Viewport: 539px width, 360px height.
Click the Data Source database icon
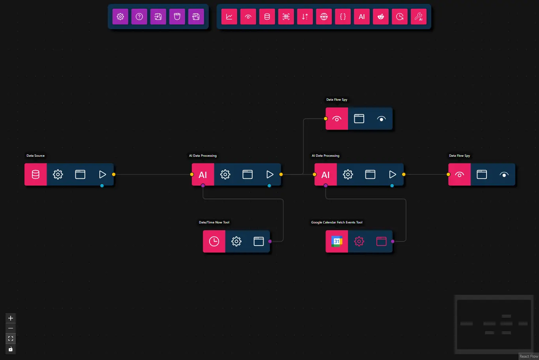click(x=36, y=174)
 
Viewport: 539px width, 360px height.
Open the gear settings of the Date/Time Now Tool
click(x=236, y=241)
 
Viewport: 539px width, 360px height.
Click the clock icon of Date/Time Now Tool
click(x=214, y=241)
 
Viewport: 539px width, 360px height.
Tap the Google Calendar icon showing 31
click(x=337, y=241)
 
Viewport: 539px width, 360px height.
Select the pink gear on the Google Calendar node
click(x=359, y=241)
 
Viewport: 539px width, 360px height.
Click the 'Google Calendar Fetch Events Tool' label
click(x=337, y=222)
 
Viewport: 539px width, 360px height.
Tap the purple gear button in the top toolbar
click(x=120, y=17)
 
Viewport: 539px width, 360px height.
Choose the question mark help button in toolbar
click(x=139, y=17)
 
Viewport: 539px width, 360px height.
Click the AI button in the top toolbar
click(x=362, y=17)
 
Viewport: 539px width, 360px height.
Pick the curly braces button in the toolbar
click(x=343, y=17)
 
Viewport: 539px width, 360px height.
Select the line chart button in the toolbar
click(x=229, y=17)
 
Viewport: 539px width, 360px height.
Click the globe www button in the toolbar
click(x=324, y=17)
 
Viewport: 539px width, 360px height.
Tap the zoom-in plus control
click(x=11, y=318)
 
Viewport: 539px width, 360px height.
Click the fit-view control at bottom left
click(x=11, y=339)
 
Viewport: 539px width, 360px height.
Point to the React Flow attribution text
click(x=528, y=356)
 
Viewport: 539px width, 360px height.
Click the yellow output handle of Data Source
click(x=114, y=174)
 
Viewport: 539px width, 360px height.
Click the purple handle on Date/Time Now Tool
click(x=270, y=241)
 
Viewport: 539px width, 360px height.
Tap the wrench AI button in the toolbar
click(x=419, y=17)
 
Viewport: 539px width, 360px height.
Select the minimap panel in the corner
click(x=494, y=324)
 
